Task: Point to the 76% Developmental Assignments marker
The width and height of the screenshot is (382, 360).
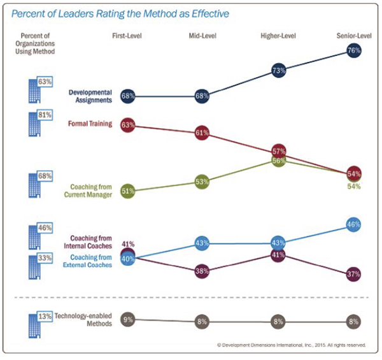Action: coord(354,52)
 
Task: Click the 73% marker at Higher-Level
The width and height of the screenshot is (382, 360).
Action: coord(278,71)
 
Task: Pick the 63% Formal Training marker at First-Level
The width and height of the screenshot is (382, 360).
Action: coord(127,125)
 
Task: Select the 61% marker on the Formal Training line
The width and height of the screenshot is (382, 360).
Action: coord(203,133)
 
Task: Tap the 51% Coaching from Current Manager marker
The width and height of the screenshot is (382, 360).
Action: coord(127,191)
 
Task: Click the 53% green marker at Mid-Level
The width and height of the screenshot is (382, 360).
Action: coord(203,182)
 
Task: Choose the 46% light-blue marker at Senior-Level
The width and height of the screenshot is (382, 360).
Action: coord(354,224)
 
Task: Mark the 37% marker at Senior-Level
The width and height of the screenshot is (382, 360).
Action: coord(354,273)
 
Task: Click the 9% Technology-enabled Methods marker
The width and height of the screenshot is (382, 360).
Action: coord(127,320)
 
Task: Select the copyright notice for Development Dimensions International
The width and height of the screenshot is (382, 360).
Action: coord(292,345)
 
